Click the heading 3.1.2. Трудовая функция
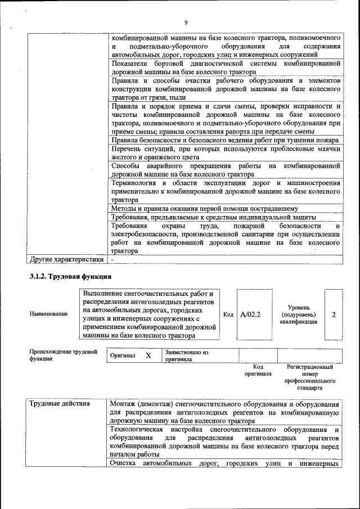(x=70, y=277)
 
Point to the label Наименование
(x=49, y=314)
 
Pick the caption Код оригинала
(x=258, y=370)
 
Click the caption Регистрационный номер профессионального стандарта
(x=309, y=377)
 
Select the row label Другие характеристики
(x=66, y=260)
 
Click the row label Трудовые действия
(x=59, y=404)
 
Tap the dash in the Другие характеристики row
(x=112, y=260)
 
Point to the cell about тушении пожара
(x=224, y=140)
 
